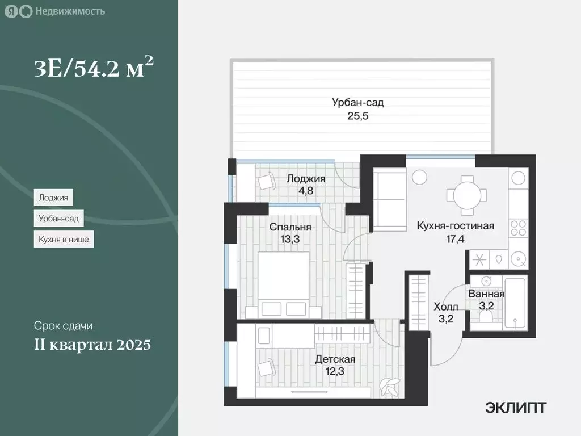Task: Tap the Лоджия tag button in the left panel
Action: (x=53, y=198)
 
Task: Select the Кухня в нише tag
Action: (x=64, y=240)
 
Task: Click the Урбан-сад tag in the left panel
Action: (x=58, y=219)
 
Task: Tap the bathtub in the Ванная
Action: (x=515, y=304)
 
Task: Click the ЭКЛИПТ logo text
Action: (x=516, y=407)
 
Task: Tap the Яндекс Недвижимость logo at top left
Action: (x=54, y=11)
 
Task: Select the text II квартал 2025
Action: (x=92, y=345)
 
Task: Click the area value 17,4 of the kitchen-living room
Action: (x=455, y=239)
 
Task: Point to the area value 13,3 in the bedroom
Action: (x=290, y=239)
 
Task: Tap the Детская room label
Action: (x=335, y=359)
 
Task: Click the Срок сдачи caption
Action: (x=63, y=326)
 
